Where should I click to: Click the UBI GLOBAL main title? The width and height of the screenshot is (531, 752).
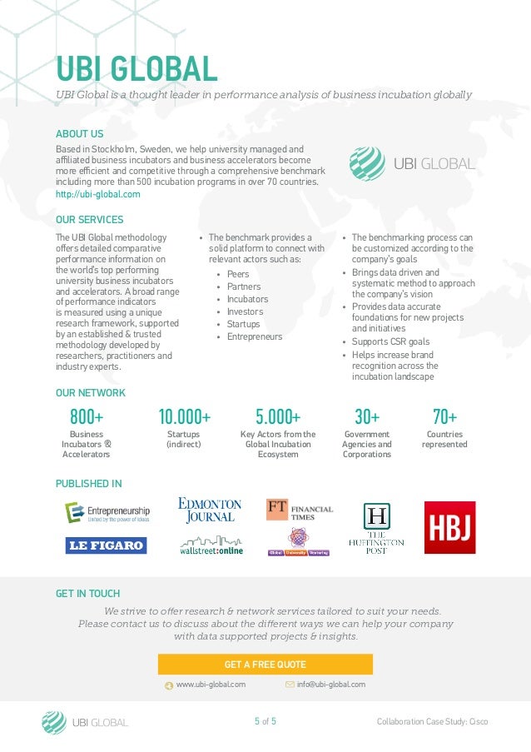[136, 68]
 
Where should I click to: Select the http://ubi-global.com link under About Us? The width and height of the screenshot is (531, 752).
[97, 194]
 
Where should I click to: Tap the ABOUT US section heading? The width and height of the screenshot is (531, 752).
[79, 134]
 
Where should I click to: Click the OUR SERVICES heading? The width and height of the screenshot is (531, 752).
[89, 220]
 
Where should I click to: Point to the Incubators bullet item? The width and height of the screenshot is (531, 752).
[247, 299]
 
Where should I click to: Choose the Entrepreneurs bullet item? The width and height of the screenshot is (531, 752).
[254, 336]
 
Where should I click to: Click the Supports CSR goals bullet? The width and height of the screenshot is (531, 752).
[390, 341]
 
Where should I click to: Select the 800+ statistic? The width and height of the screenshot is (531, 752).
[87, 416]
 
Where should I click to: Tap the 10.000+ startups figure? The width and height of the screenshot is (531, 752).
[184, 416]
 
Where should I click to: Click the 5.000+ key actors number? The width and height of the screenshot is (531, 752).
[278, 416]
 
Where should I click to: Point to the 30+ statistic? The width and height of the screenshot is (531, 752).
[367, 416]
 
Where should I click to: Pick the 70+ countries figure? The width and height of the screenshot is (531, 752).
[444, 416]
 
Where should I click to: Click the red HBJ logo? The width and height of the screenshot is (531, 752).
[449, 528]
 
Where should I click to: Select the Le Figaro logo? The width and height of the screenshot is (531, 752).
[106, 545]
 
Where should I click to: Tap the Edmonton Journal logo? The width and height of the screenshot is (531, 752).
[210, 510]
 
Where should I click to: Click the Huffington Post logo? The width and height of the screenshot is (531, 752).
[376, 529]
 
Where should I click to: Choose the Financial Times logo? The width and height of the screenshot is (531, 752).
[300, 509]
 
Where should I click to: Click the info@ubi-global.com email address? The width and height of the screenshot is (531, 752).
[330, 685]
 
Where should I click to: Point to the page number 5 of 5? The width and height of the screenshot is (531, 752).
[265, 721]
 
